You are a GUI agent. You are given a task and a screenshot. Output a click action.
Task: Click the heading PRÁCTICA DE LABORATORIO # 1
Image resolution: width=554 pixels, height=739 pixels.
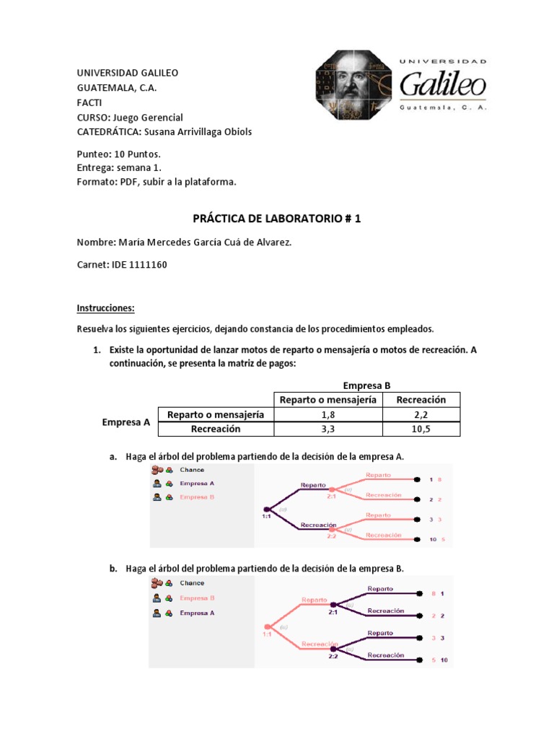[x=276, y=218]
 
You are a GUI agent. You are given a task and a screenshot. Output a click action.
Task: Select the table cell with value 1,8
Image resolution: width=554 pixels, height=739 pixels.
[x=327, y=415]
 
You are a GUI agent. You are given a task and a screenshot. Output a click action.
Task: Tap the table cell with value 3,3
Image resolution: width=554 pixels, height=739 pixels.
[x=327, y=429]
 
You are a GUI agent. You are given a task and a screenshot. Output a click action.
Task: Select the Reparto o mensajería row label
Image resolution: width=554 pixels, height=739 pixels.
[x=216, y=415]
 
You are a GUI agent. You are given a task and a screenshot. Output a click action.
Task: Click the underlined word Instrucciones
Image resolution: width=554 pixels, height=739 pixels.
[x=106, y=308]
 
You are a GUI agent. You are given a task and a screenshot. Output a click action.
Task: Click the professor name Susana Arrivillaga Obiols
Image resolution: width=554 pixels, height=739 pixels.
[x=198, y=131]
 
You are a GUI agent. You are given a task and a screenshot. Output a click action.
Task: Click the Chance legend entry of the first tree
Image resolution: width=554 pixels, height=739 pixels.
[x=192, y=470]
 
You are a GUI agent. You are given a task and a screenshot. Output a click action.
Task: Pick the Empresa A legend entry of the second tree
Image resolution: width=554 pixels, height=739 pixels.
[x=197, y=613]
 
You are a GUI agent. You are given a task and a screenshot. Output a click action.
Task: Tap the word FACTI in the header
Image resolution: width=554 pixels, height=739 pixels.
[x=89, y=102]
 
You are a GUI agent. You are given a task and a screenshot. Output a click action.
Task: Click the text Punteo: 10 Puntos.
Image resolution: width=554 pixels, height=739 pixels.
[x=118, y=154]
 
